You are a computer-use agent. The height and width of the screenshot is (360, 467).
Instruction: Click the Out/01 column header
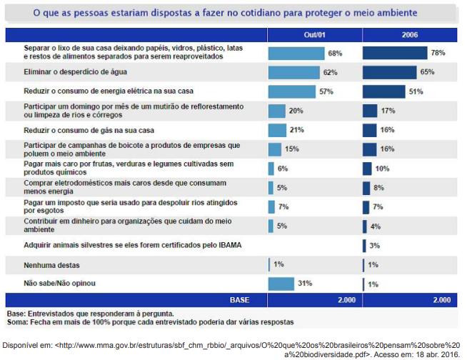tap(314, 35)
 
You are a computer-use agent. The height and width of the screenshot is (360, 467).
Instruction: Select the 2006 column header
tap(409, 35)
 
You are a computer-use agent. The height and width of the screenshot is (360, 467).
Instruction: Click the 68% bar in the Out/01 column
tap(296, 53)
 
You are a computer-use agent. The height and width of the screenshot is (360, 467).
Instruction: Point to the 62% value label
tap(330, 72)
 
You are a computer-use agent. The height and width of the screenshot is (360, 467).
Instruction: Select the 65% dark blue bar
tap(389, 72)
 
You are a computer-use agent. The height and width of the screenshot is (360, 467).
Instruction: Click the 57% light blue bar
tap(292, 91)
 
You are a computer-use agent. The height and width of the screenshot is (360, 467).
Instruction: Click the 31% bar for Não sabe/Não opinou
tap(281, 284)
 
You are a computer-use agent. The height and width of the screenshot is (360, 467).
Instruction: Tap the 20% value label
tap(296, 111)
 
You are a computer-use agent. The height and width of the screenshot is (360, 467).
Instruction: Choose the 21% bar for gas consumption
tap(277, 130)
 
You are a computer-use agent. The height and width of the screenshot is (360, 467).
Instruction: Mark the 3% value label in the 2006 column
tap(375, 246)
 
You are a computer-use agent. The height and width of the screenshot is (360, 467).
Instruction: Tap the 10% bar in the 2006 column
tap(366, 169)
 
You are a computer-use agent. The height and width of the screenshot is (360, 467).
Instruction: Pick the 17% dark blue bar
tap(370, 111)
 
